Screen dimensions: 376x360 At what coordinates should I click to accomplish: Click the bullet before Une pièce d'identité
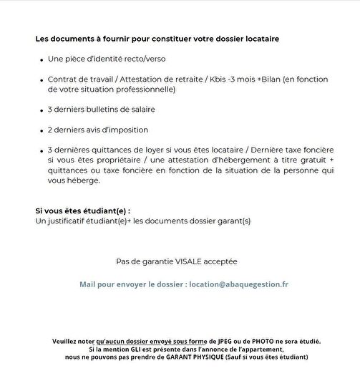(41, 59)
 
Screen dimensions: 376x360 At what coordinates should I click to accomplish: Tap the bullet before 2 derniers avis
(41, 130)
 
